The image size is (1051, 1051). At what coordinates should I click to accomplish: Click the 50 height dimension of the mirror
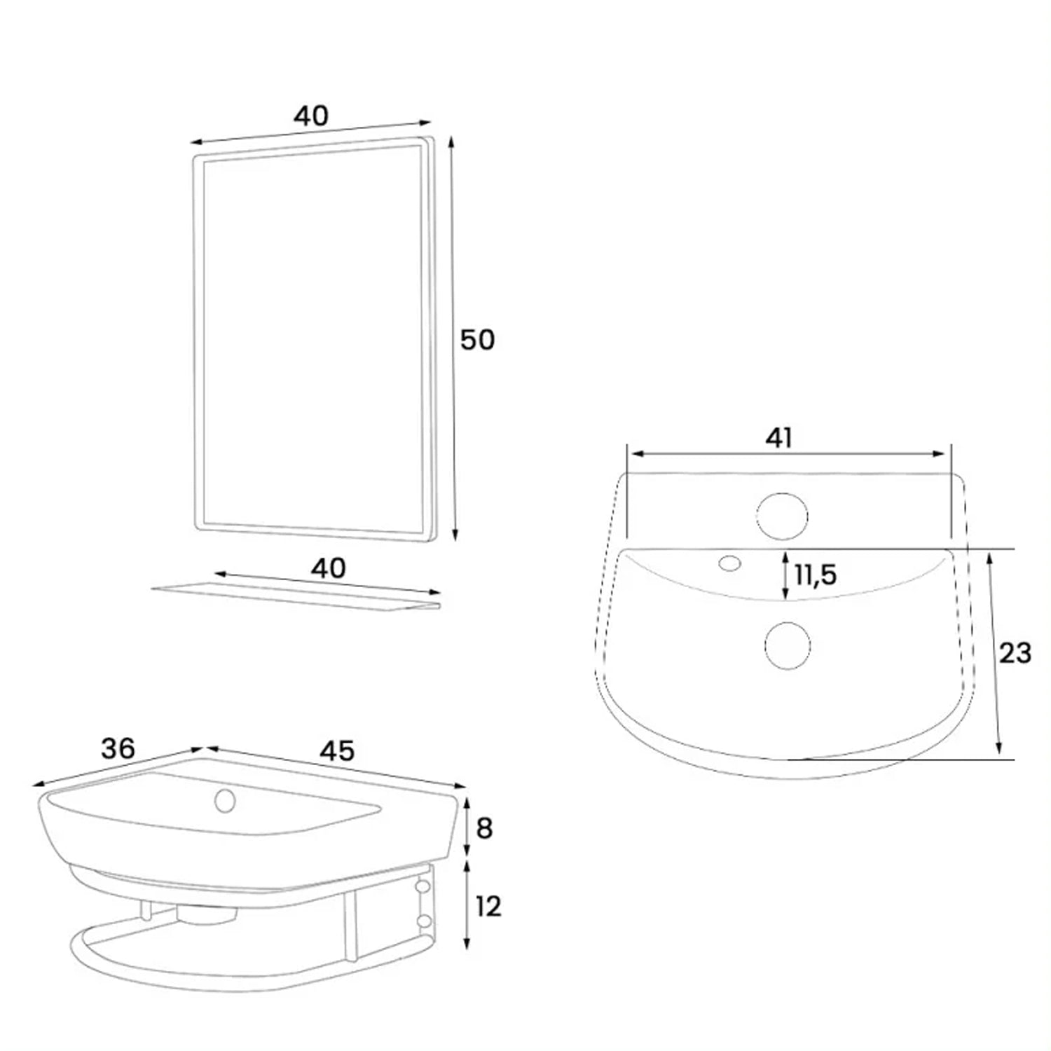[x=477, y=340]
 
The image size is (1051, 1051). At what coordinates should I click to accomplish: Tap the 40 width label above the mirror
[x=310, y=116]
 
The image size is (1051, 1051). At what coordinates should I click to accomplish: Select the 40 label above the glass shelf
[x=329, y=568]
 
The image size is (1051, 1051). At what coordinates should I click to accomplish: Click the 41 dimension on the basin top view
[x=778, y=437]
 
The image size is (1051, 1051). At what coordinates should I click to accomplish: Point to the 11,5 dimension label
[x=816, y=575]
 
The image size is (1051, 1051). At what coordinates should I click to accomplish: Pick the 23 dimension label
[x=1015, y=653]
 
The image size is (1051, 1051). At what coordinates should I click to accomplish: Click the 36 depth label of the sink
[x=117, y=749]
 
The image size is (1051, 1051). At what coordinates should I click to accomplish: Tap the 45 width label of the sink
[x=338, y=750]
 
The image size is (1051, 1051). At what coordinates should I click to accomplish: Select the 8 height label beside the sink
[x=484, y=828]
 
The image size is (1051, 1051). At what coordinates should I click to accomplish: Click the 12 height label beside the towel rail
[x=488, y=907]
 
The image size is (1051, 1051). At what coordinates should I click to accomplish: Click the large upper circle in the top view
[x=782, y=517]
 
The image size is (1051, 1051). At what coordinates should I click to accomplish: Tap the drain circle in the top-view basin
[x=788, y=645]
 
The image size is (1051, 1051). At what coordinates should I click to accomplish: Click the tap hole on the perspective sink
[x=225, y=800]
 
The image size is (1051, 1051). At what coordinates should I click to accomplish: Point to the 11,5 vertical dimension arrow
[x=785, y=575]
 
